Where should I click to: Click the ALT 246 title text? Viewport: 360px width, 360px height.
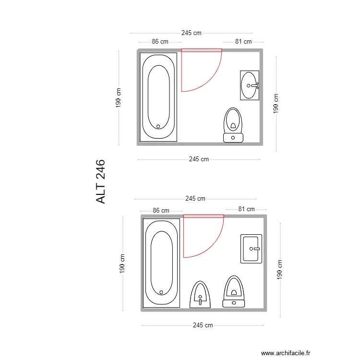pyautogui.click(x=101, y=181)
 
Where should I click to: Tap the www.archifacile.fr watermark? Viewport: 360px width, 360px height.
pyautogui.click(x=286, y=353)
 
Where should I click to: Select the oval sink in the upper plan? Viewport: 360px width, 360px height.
pyautogui.click(x=250, y=85)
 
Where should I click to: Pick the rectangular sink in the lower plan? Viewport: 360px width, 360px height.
pyautogui.click(x=251, y=249)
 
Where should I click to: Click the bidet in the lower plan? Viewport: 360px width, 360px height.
pyautogui.click(x=200, y=295)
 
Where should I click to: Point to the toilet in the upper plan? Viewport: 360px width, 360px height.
pyautogui.click(x=233, y=125)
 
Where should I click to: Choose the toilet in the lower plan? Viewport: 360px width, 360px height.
pyautogui.click(x=234, y=291)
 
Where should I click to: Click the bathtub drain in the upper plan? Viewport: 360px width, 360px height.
pyautogui.click(x=158, y=127)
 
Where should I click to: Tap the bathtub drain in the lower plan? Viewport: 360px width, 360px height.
pyautogui.click(x=161, y=292)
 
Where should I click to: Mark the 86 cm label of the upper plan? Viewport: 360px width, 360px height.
pyautogui.click(x=160, y=42)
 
